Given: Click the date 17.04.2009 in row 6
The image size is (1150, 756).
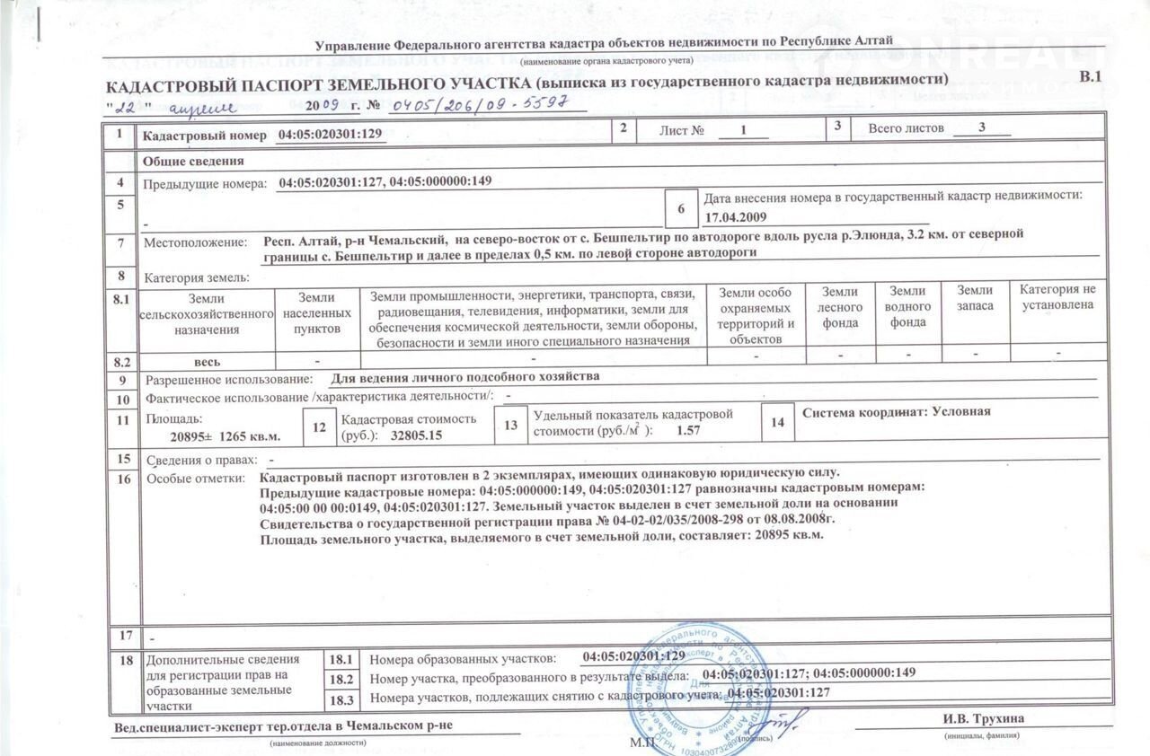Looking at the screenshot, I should (x=735, y=217).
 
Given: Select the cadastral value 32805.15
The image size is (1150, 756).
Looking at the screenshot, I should (x=417, y=435).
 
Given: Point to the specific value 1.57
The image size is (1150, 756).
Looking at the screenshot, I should (x=687, y=430).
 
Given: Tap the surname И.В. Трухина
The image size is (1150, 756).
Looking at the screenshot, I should (x=984, y=719).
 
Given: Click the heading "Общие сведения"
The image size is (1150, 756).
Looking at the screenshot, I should (x=194, y=162).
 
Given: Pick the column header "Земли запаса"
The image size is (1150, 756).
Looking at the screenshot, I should (x=975, y=298).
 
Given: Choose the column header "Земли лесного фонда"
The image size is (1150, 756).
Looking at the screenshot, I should (x=840, y=307).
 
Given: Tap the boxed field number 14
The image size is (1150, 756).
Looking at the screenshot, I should (x=777, y=422).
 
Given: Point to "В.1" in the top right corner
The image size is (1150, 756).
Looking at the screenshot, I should (x=1090, y=78).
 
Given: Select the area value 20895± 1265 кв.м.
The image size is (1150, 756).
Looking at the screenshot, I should (x=226, y=436).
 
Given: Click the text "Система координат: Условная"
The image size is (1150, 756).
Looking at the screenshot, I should (x=896, y=412).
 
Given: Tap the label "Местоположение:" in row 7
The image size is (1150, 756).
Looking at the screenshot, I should (x=195, y=243).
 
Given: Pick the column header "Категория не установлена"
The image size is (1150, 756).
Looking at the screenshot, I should (x=1057, y=298).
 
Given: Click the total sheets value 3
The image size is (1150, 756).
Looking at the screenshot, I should (x=983, y=127).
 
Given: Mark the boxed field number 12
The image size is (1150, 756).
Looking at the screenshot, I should (x=318, y=428).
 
